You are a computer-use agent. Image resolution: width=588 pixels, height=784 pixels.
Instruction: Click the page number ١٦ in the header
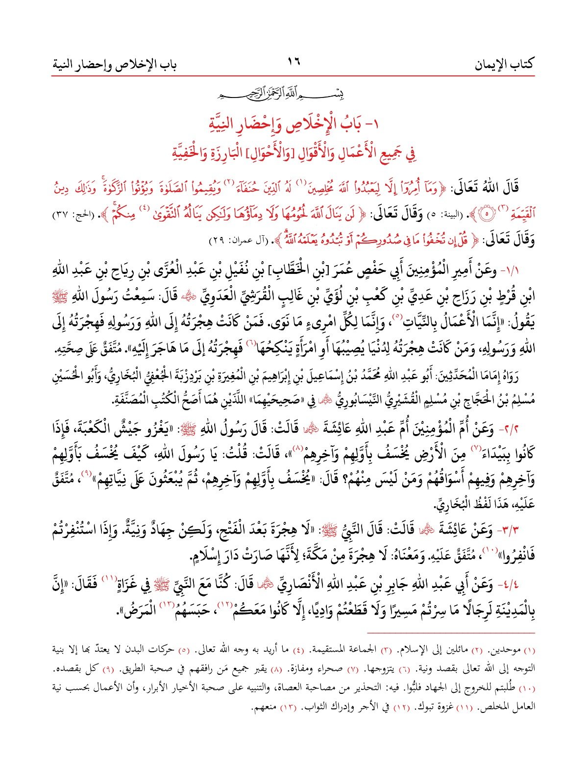[x=294, y=63]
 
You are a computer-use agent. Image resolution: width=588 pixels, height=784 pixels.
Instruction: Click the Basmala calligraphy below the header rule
[x=294, y=92]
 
